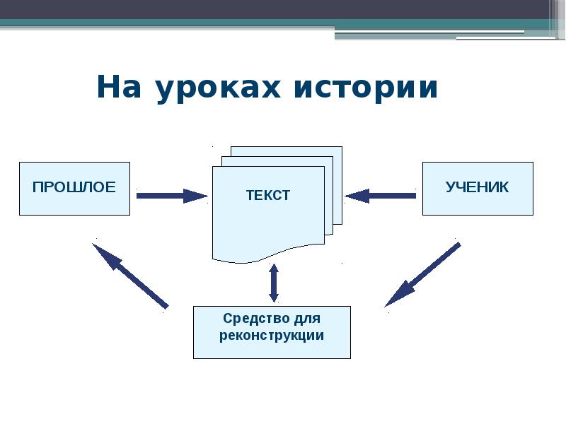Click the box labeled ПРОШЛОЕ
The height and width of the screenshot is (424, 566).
74,188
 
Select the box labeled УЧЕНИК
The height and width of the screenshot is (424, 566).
478,188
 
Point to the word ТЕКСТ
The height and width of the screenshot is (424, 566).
268,196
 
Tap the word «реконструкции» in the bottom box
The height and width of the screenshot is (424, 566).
272,336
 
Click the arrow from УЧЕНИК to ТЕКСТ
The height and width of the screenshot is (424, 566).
381,196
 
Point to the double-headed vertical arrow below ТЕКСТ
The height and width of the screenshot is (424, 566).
274,283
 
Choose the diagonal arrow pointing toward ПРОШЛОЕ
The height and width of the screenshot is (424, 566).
130,276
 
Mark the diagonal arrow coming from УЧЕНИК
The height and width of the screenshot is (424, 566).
423,274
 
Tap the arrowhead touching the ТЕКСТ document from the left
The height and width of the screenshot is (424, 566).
196,196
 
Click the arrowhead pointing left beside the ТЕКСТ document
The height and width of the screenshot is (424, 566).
357,196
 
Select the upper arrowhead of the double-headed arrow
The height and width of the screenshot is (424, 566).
274,269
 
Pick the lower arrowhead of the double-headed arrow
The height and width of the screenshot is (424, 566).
274,298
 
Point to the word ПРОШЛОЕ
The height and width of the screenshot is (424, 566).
74,187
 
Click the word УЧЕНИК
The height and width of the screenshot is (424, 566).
478,187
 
